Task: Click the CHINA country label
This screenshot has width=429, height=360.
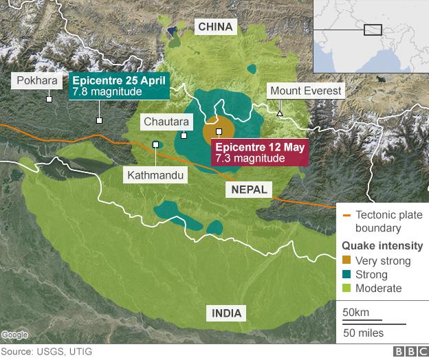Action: [217, 27]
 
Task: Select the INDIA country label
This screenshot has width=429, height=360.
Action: [227, 314]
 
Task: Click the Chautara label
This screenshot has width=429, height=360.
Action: [165, 122]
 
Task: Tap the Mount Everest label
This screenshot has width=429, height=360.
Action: [305, 91]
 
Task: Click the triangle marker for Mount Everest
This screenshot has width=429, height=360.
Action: [280, 113]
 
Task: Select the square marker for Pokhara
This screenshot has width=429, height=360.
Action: [49, 100]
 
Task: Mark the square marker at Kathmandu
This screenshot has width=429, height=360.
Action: [156, 144]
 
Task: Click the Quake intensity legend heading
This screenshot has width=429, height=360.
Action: [382, 246]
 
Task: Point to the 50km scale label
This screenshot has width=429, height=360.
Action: [355, 313]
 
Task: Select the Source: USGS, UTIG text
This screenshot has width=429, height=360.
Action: [46, 352]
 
